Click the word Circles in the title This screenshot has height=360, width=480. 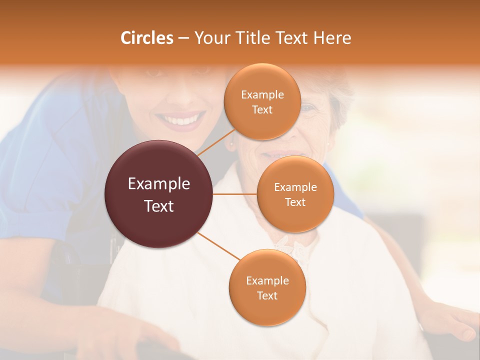tap(147, 38)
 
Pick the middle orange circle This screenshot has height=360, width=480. tap(295, 194)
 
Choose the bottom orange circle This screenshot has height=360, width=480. tap(267, 287)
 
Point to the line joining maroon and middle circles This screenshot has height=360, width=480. tap(235, 194)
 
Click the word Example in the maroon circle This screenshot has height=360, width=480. tap(159, 184)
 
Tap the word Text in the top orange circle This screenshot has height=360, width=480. tap(262, 109)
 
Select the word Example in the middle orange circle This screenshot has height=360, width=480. tap(295, 187)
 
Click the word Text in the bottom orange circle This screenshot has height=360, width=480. tap(267, 295)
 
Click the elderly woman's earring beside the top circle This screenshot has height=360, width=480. tap(231, 145)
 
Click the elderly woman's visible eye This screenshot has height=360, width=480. tap(309, 108)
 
